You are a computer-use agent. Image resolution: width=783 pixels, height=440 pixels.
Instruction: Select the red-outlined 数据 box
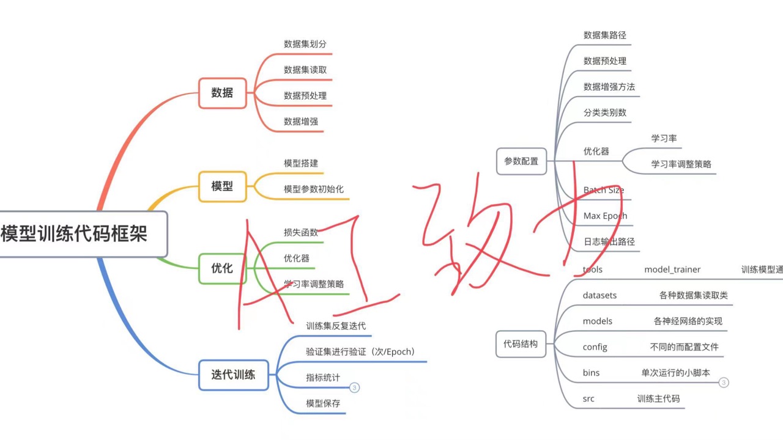pos(222,93)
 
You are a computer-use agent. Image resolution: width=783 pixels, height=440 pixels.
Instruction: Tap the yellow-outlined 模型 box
pos(222,186)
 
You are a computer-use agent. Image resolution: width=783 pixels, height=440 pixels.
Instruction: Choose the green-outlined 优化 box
pos(222,268)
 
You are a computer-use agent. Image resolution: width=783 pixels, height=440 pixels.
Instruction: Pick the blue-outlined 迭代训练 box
pos(233,375)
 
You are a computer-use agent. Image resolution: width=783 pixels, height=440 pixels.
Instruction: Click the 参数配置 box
pos(521,161)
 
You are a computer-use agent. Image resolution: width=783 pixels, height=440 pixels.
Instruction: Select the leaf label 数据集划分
pos(305,44)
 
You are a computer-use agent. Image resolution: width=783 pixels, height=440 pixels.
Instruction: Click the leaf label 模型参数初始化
pos(314,189)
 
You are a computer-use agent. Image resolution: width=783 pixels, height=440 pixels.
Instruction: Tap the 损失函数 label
pos(301,232)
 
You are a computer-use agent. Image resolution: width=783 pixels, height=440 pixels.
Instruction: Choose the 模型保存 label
pos(323,403)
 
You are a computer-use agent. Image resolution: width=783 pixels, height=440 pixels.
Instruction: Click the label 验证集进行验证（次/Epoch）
pos(361,351)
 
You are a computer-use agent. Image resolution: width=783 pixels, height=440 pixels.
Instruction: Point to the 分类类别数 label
pos(605,112)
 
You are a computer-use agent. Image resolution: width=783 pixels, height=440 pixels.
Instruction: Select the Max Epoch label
pos(605,216)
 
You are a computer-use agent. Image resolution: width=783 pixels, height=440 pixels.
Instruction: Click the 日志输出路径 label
pos(609,241)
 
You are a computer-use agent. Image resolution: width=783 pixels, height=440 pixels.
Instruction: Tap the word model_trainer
pos(672,269)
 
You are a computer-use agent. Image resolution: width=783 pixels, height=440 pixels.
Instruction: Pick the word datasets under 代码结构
pos(599,295)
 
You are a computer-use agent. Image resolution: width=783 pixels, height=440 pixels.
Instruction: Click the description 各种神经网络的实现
pos(688,321)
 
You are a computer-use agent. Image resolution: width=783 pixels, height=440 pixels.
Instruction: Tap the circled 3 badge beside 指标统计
pos(355,387)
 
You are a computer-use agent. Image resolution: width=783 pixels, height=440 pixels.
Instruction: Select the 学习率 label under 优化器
pos(664,138)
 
